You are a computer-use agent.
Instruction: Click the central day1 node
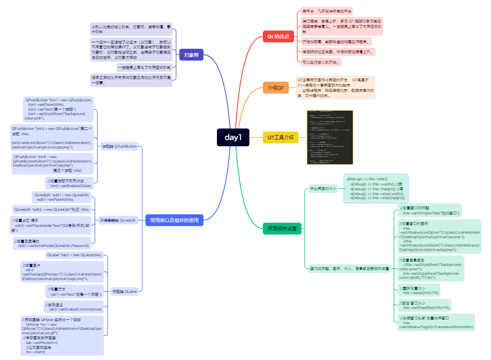click(x=233, y=138)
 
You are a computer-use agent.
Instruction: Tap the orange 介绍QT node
click(x=276, y=87)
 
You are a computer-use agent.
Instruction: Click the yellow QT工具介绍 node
click(x=281, y=138)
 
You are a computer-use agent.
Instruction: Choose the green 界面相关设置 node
click(x=282, y=229)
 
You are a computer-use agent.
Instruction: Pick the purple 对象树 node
click(x=191, y=55)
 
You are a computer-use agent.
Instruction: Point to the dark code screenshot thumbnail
click(x=330, y=137)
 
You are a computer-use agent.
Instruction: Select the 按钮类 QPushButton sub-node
click(x=119, y=146)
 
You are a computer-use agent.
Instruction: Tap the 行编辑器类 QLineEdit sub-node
click(x=118, y=220)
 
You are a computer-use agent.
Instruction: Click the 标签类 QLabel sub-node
click(x=124, y=291)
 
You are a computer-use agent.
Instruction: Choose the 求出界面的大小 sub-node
click(x=322, y=188)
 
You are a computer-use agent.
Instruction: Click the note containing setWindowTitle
click(x=429, y=211)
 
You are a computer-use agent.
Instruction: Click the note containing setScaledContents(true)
click(x=74, y=307)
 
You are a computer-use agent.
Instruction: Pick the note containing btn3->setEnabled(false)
click(x=70, y=183)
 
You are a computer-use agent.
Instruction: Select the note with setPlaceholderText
click(x=51, y=225)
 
